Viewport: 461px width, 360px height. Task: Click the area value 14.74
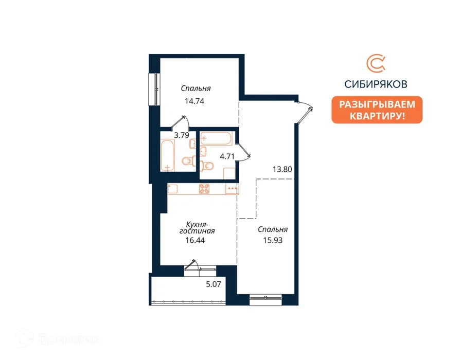pyautogui.click(x=194, y=101)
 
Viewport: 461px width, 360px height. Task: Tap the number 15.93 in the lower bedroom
pyautogui.click(x=273, y=240)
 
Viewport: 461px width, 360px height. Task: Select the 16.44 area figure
pyautogui.click(x=195, y=240)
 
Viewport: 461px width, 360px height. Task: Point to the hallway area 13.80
pyautogui.click(x=282, y=169)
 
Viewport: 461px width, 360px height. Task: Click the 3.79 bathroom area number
pyautogui.click(x=182, y=135)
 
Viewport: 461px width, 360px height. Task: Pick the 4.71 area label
pyautogui.click(x=227, y=156)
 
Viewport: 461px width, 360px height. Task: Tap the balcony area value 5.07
pyautogui.click(x=214, y=284)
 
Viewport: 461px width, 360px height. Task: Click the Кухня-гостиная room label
pyautogui.click(x=197, y=228)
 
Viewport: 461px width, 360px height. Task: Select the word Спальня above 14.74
pyautogui.click(x=196, y=88)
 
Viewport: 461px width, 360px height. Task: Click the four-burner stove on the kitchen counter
pyautogui.click(x=204, y=189)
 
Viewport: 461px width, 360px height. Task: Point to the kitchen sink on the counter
pyautogui.click(x=172, y=189)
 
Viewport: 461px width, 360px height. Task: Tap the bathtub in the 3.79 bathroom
pyautogui.click(x=168, y=155)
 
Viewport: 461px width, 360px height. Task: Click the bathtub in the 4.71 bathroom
pyautogui.click(x=216, y=138)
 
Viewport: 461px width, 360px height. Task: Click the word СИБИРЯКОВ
pyautogui.click(x=376, y=84)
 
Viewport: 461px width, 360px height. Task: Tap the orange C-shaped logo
pyautogui.click(x=376, y=63)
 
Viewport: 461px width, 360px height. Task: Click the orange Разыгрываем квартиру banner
pyautogui.click(x=377, y=110)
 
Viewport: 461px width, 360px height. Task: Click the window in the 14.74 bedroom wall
pyautogui.click(x=154, y=89)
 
